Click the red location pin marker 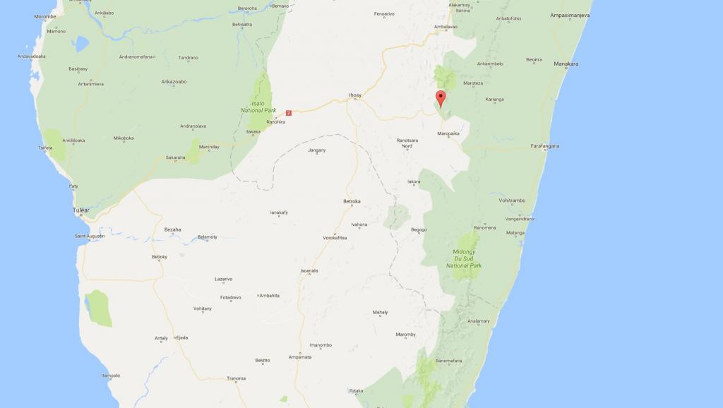point(441,99)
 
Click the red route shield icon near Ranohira point(288,112)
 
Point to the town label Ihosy point(354,95)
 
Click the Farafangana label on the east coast point(544,146)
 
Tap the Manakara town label point(566,64)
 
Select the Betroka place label point(352,201)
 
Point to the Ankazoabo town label point(173,82)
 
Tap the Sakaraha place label point(175,157)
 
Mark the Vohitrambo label point(513,200)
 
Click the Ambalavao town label point(446,27)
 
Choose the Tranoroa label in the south point(236,378)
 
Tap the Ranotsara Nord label point(407,143)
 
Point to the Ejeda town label point(182,338)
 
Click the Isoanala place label point(309,271)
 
